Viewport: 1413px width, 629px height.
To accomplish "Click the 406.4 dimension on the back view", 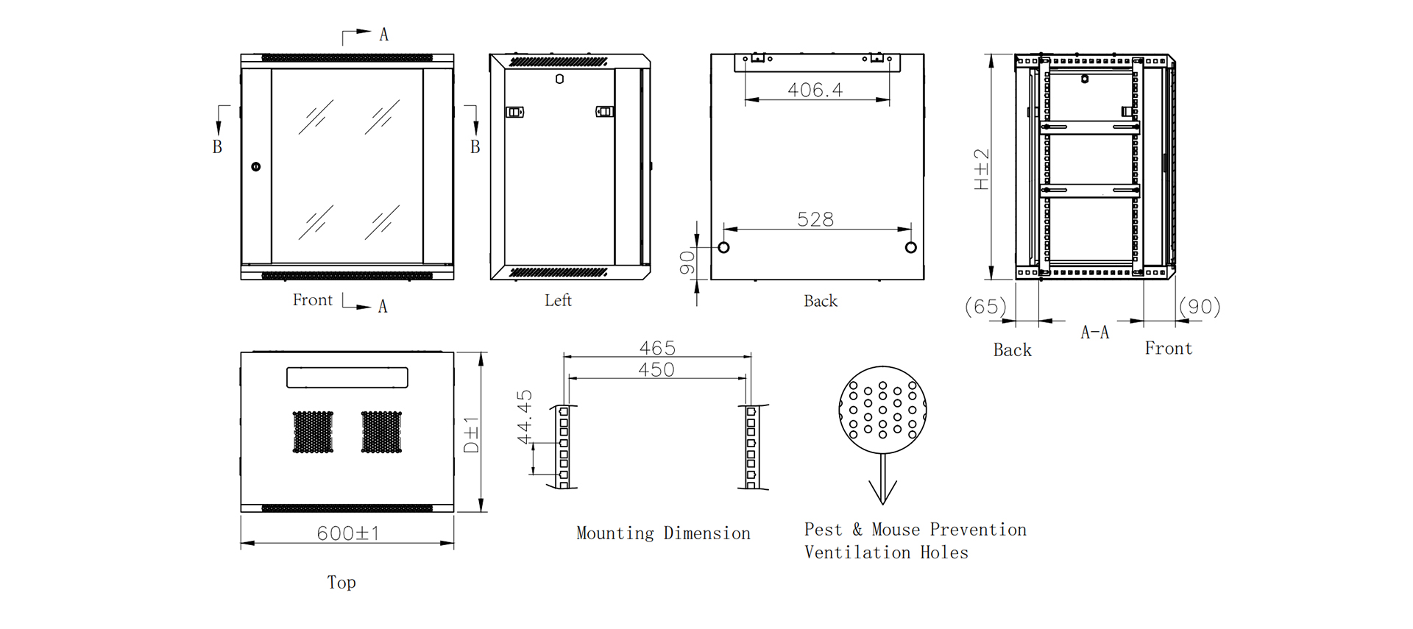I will point(815,90).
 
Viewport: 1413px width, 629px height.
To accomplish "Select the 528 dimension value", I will point(815,219).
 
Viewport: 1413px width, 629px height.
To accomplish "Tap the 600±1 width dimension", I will point(348,533).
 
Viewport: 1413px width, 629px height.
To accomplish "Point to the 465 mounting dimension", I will point(657,347).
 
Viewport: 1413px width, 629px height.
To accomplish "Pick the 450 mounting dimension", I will point(656,369).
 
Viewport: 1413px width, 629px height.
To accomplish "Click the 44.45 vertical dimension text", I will point(524,417).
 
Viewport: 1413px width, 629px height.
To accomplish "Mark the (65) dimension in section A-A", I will point(985,306).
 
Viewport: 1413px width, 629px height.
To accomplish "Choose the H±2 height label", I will point(982,169).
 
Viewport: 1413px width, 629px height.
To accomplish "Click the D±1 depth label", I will point(471,434).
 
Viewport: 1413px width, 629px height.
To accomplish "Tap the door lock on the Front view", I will point(256,167).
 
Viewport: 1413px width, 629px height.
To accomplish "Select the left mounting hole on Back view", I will point(723,247).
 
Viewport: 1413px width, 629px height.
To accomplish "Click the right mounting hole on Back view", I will point(911,247).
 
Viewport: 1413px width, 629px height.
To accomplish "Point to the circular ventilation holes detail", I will point(882,410).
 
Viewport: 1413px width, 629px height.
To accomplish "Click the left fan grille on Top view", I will point(313,432).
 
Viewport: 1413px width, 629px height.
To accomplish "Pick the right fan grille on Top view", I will point(381,432).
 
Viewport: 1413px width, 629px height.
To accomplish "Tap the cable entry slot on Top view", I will point(347,377).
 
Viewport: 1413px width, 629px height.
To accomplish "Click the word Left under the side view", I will point(558,300).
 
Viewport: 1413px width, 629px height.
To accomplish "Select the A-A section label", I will point(1094,333).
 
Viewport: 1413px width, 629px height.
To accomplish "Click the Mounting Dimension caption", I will point(663,533).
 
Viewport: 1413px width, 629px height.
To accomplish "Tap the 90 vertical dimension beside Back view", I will point(687,263).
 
